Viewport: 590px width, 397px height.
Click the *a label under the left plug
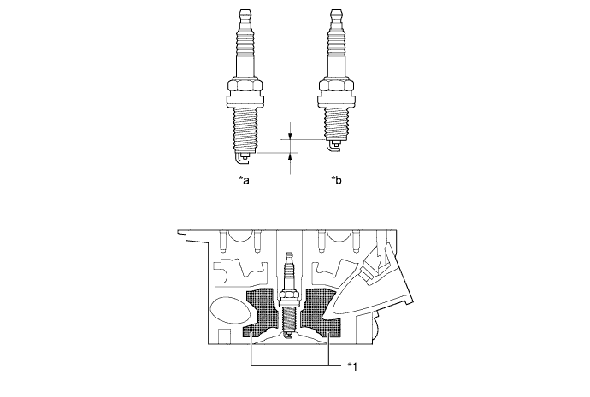pos(245,180)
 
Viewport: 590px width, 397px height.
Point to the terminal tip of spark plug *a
pos(245,13)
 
